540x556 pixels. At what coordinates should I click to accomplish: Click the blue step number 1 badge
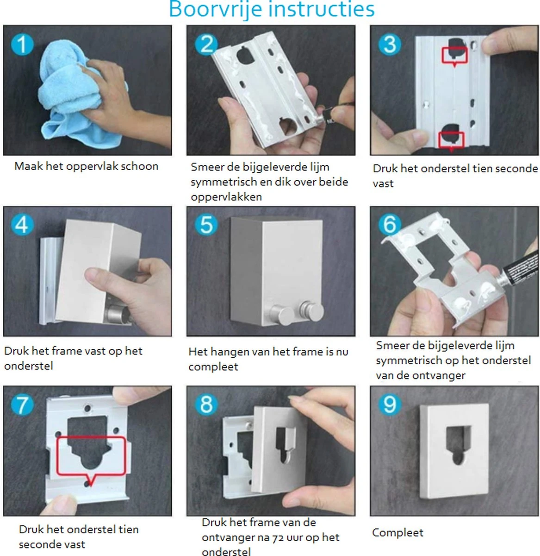pos(22,44)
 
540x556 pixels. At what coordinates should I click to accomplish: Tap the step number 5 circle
pos(206,225)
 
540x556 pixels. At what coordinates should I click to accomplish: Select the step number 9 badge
pos(389,404)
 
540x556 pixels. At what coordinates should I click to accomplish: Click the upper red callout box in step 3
pos(454,55)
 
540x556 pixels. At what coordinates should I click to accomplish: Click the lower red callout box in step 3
pos(451,140)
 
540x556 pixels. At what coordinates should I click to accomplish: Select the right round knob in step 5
pos(312,311)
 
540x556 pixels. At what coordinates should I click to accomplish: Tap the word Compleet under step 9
pos(397,533)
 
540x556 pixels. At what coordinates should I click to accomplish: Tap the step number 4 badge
pos(22,225)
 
